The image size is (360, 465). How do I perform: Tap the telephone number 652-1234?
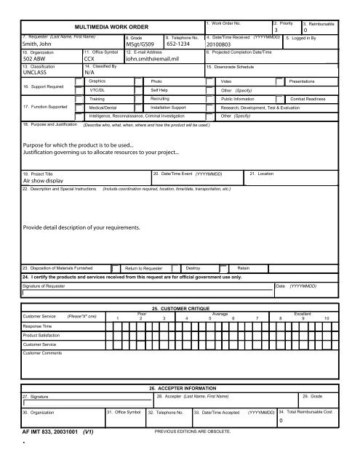coord(182,43)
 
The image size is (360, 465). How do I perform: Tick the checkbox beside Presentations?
coord(279,83)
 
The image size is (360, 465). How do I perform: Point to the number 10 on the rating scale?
coord(327,318)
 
